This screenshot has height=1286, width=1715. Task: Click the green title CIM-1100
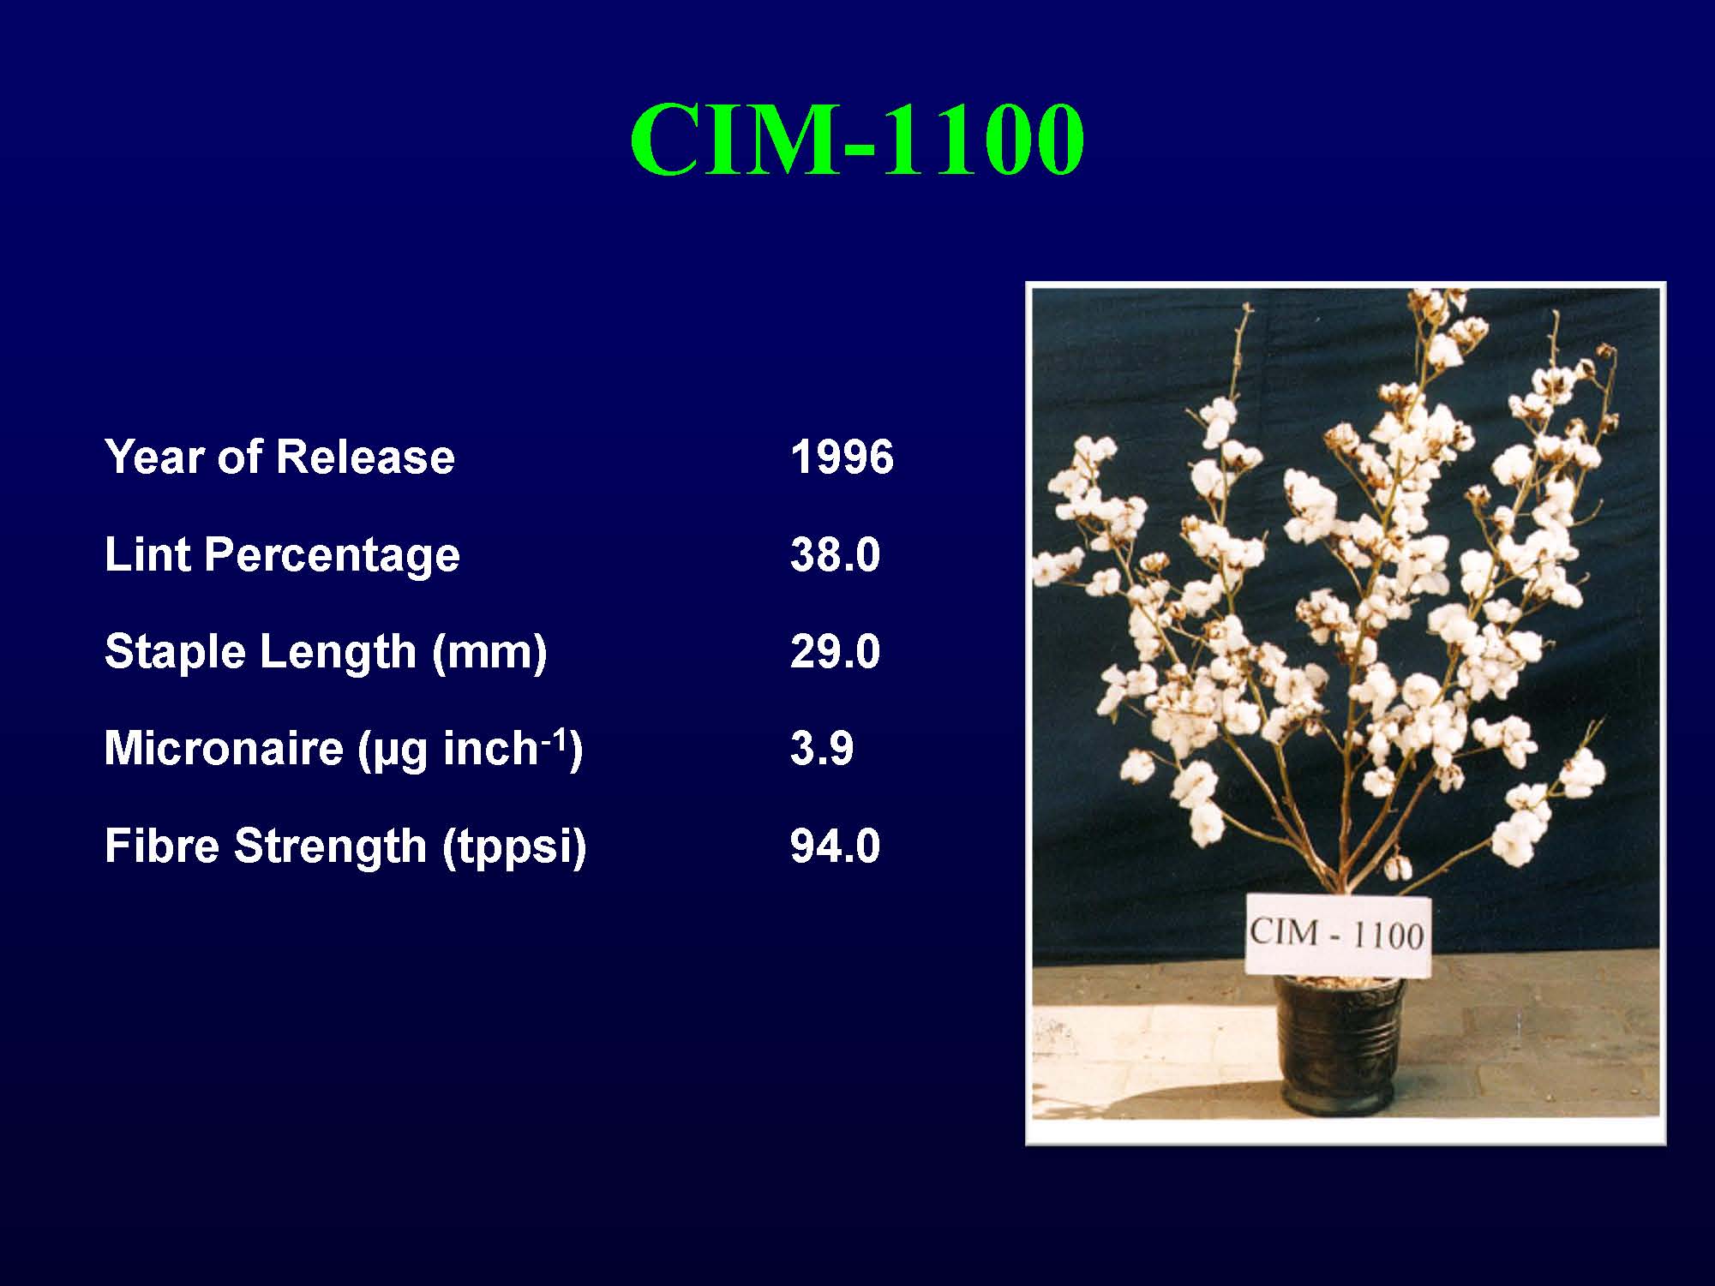[x=857, y=140]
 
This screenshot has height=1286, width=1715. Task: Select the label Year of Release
[x=279, y=457]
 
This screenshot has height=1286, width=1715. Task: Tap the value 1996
[x=843, y=457]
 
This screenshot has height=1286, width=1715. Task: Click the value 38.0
[x=836, y=554]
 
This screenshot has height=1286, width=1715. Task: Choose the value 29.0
[x=836, y=651]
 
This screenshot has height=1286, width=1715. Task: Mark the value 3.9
[x=822, y=749]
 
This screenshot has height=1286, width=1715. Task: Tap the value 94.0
[x=836, y=846]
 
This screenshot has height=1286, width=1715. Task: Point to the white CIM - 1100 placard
[x=1338, y=935]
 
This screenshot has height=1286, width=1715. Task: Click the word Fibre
[x=162, y=846]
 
